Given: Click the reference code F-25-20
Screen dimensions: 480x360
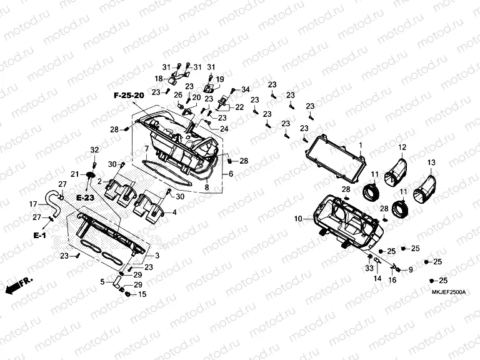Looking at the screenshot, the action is coord(129,95).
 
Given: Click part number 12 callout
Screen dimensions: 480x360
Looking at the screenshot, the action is coord(402,147).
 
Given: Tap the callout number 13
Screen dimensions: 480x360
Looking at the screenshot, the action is coord(431,163).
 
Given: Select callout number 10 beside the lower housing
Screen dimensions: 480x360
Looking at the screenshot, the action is coord(298,219).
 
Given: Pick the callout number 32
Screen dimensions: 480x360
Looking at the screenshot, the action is coord(94,150).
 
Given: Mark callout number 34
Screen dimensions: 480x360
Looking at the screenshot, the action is coord(245,89).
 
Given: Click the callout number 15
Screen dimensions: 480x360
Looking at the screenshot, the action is coord(141,294).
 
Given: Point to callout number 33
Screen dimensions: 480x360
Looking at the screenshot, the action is coord(369,267).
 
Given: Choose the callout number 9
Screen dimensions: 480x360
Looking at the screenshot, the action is coord(411,269).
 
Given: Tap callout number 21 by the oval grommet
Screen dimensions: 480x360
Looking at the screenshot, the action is coord(75,174).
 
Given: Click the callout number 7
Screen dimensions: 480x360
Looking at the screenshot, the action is coord(146,148).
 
